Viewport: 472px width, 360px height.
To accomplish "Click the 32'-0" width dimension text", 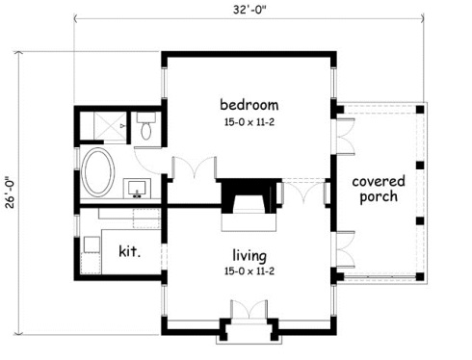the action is [249, 10].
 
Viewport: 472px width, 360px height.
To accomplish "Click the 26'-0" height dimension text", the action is [11, 193].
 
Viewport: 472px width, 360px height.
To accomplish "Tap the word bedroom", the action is [249, 105].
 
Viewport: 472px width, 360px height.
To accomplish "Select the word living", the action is [249, 256].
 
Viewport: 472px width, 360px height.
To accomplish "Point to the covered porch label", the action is [379, 189].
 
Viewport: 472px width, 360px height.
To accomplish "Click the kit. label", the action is [129, 251].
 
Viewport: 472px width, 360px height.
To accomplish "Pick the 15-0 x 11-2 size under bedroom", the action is [249, 122].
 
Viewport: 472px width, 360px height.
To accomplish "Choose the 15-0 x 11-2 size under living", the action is [249, 271].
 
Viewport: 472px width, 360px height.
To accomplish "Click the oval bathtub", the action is [98, 172].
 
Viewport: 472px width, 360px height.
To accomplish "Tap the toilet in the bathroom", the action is [146, 125].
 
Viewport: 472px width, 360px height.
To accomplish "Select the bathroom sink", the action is [137, 189].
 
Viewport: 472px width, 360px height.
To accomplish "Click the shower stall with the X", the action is [110, 126].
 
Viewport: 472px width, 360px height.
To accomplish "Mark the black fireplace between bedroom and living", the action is [249, 195].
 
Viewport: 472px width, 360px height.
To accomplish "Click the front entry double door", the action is [249, 309].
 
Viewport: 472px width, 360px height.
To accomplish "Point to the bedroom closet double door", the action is [195, 167].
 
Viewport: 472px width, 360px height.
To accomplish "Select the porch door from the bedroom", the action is [345, 137].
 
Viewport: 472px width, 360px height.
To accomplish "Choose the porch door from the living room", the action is [345, 249].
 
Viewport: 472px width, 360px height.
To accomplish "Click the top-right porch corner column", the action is [420, 110].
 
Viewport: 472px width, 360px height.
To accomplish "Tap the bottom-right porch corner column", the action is [420, 276].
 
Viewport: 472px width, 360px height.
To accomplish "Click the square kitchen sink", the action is [92, 244].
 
